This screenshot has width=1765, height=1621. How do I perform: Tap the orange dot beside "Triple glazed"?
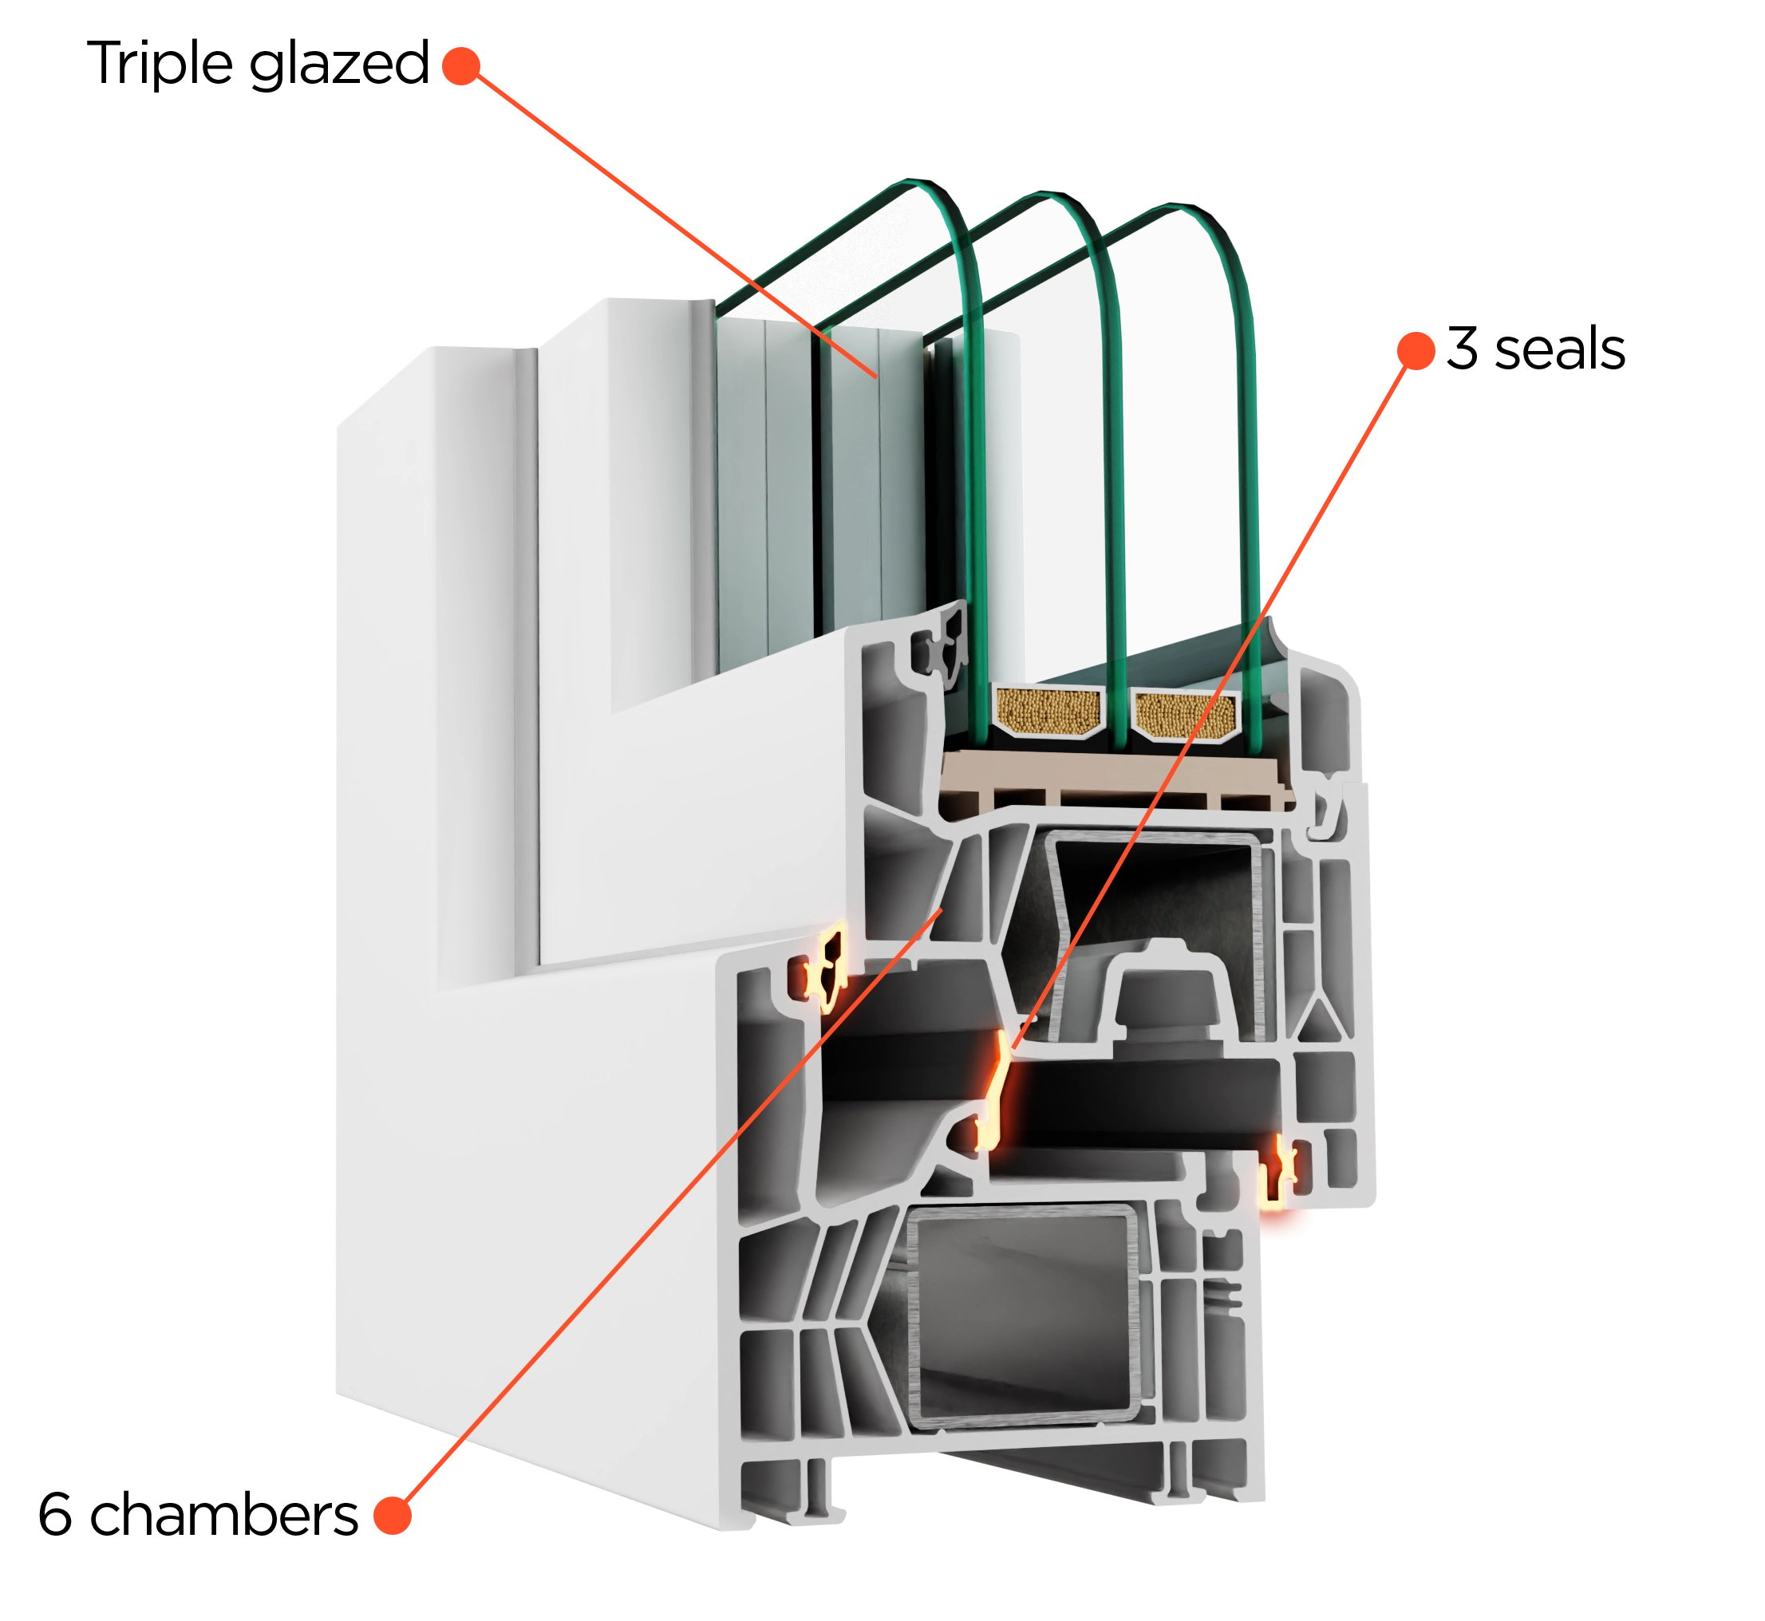[461, 65]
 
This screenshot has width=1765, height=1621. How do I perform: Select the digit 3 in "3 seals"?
[1463, 349]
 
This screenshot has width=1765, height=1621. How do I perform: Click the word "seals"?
[1560, 349]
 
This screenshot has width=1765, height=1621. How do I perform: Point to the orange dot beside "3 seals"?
[1416, 351]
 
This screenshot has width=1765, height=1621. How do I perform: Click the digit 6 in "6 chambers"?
[54, 1514]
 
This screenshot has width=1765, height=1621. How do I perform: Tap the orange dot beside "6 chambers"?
[392, 1516]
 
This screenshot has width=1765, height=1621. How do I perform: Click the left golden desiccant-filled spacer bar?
[1049, 711]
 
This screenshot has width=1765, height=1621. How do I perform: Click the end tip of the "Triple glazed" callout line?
[876, 377]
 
